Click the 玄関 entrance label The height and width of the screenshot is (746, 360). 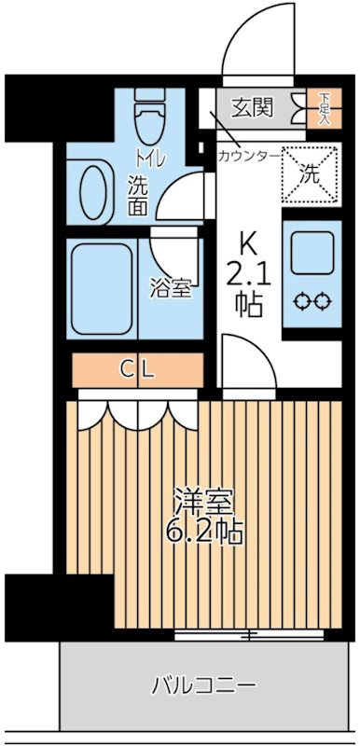pyautogui.click(x=252, y=108)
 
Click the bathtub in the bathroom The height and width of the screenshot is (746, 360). pyautogui.click(x=101, y=289)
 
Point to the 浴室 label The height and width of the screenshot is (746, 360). pyautogui.click(x=172, y=289)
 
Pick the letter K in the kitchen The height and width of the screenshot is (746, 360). pyautogui.click(x=249, y=244)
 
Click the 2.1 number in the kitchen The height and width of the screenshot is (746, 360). pyautogui.click(x=248, y=275)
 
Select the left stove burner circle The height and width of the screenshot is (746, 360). pyautogui.click(x=303, y=300)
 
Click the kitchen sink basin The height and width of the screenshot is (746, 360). pyautogui.click(x=312, y=252)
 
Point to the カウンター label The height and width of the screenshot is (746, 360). pyautogui.click(x=248, y=156)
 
